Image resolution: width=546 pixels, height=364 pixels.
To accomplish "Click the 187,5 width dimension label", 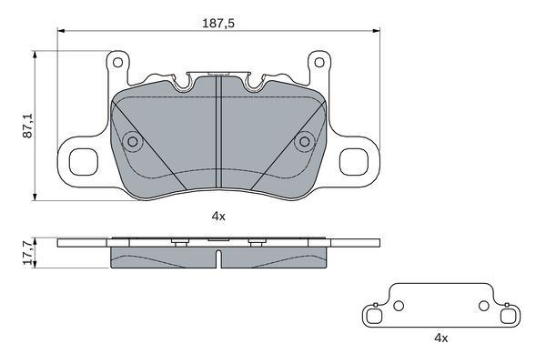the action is (218, 24).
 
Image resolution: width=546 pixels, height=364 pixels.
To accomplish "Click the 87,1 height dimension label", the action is (27, 126).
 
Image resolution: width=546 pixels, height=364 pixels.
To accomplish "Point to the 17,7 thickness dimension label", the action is (27, 253).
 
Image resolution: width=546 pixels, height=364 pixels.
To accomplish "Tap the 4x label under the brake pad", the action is (218, 217).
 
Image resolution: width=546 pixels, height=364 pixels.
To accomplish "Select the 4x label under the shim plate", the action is (440, 338).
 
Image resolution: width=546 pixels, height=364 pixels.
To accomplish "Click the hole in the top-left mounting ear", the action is (117, 63).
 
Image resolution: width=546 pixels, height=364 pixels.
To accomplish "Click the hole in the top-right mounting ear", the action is (319, 63).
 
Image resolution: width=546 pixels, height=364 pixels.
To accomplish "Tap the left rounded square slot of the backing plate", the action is (84, 162).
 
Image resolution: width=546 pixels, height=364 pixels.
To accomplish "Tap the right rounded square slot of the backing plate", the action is (353, 162).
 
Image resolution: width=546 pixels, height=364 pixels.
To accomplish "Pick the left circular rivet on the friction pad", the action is (133, 141).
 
